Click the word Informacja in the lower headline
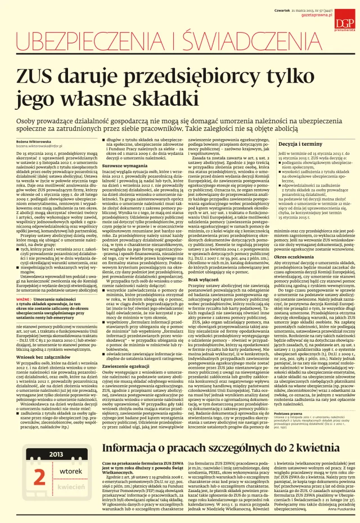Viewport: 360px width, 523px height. pos(133,447)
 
